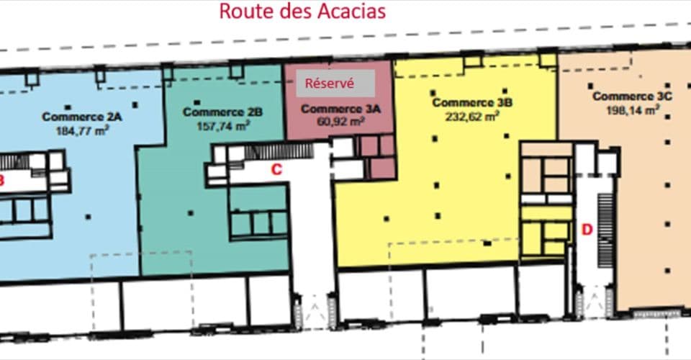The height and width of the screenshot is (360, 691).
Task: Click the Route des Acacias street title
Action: [302, 12]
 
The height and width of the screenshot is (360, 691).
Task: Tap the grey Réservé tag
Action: [330, 83]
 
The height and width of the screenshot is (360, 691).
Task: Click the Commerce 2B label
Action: [222, 112]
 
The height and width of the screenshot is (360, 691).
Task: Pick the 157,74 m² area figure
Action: [223, 125]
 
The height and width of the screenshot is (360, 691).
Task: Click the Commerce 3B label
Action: [471, 102]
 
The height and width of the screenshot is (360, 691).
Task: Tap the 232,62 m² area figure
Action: [474, 115]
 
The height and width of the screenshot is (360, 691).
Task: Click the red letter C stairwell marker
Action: [275, 170]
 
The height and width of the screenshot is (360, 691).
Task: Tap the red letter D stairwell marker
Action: [587, 230]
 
